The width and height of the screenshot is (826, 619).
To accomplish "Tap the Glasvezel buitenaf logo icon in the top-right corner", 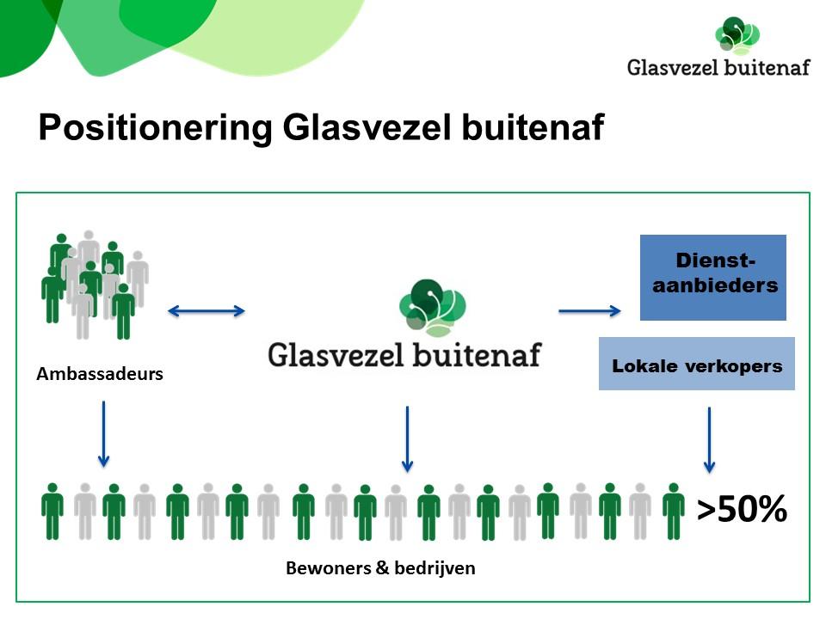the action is click(737, 35).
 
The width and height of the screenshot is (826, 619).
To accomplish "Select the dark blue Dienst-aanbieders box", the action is click(712, 278).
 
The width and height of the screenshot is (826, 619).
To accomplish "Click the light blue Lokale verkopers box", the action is click(696, 363).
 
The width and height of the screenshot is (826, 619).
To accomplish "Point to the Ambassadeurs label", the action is click(100, 374).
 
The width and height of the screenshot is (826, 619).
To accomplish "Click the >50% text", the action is click(742, 509).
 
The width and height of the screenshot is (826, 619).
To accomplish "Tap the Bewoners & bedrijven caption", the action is click(380, 568).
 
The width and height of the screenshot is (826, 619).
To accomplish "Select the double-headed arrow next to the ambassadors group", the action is click(206, 311).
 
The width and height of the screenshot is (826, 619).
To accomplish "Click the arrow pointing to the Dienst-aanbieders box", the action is click(589, 311).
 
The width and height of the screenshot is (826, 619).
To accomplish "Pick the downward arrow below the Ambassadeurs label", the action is click(104, 434).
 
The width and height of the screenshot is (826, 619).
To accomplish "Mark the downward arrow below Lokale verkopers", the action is click(709, 440).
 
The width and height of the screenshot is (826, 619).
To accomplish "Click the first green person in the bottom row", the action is click(52, 512).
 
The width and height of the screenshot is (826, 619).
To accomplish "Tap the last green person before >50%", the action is click(673, 512).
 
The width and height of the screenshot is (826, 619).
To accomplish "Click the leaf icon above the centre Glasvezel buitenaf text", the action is click(433, 308).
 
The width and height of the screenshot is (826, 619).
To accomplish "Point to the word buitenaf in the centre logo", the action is click(477, 354).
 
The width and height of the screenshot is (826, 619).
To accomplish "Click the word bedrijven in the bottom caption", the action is click(435, 568).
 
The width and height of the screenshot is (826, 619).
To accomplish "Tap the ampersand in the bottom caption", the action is click(382, 567).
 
